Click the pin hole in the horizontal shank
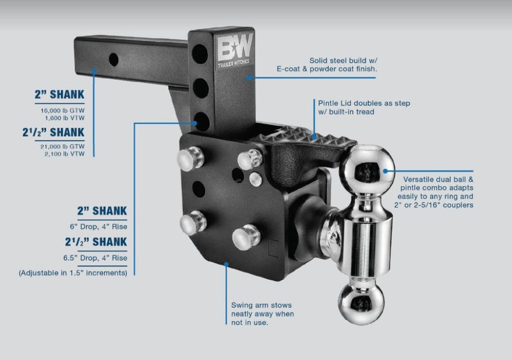(113, 59)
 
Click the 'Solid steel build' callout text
(345, 61)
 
